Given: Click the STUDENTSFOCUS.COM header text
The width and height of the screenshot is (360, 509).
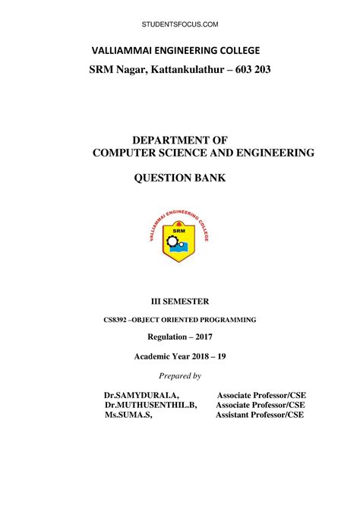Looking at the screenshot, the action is pyautogui.click(x=180, y=25).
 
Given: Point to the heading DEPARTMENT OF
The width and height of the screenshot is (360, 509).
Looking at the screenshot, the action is pyautogui.click(x=181, y=140).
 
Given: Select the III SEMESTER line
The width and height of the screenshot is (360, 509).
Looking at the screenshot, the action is pyautogui.click(x=179, y=303).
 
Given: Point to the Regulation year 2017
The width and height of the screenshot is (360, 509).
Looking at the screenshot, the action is pyautogui.click(x=201, y=337).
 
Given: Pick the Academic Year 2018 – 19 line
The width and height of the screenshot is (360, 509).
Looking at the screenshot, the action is pyautogui.click(x=179, y=356).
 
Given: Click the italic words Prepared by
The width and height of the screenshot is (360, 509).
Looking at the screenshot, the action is pyautogui.click(x=179, y=376).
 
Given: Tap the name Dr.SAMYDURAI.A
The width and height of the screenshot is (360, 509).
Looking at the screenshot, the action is pyautogui.click(x=141, y=396).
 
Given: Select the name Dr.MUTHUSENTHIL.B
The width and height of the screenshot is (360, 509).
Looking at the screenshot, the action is pyautogui.click(x=150, y=406).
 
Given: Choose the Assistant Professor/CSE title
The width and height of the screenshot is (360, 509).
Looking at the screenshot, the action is pyautogui.click(x=260, y=416).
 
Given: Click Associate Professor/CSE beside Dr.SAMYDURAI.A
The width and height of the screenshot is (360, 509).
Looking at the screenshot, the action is pyautogui.click(x=261, y=396).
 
